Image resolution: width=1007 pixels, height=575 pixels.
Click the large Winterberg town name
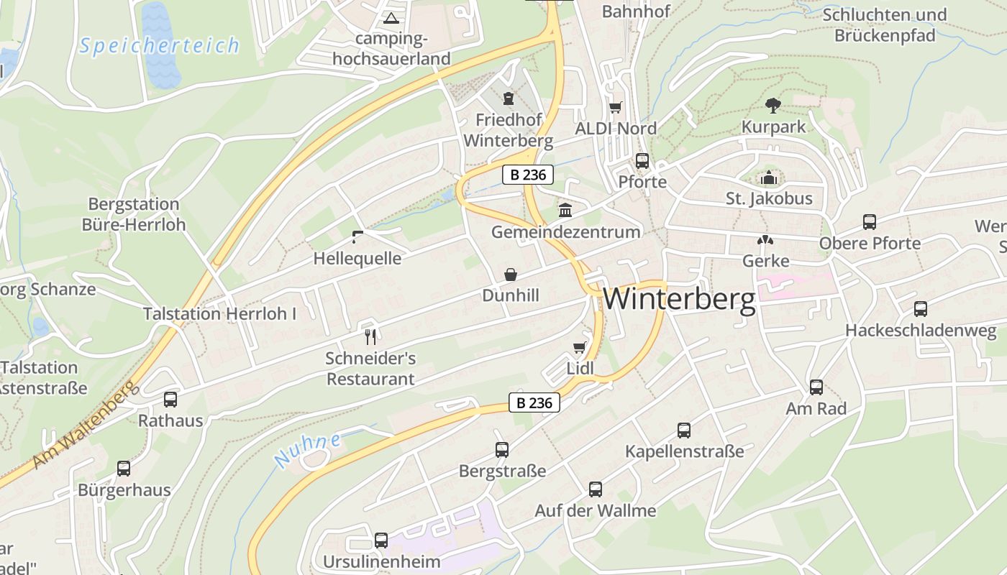(679, 299)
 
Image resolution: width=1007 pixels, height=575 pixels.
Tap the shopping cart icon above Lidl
(580, 348)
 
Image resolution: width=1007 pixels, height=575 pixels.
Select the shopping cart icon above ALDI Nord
(615, 108)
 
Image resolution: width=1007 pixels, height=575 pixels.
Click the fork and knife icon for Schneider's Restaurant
(370, 336)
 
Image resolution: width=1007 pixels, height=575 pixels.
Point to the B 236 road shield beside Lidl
(534, 403)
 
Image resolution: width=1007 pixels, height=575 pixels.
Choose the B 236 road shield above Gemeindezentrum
(527, 175)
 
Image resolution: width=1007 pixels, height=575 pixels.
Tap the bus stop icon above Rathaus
(170, 400)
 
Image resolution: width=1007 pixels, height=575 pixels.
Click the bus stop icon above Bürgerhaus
(124, 469)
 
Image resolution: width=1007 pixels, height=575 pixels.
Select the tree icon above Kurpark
(773, 106)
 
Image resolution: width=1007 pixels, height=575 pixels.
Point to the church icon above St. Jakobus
(769, 177)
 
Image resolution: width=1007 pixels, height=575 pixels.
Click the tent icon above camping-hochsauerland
(391, 18)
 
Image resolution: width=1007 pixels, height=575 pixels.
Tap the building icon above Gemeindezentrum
(565, 211)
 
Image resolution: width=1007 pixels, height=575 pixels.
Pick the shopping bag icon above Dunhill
(511, 275)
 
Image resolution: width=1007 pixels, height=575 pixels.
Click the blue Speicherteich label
(159, 46)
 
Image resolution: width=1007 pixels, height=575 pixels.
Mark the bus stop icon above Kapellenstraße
(684, 431)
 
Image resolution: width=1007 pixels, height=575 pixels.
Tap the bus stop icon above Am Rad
(816, 387)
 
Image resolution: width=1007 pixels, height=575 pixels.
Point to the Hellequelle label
(357, 259)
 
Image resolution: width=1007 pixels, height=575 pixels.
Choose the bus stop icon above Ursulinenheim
(381, 540)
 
